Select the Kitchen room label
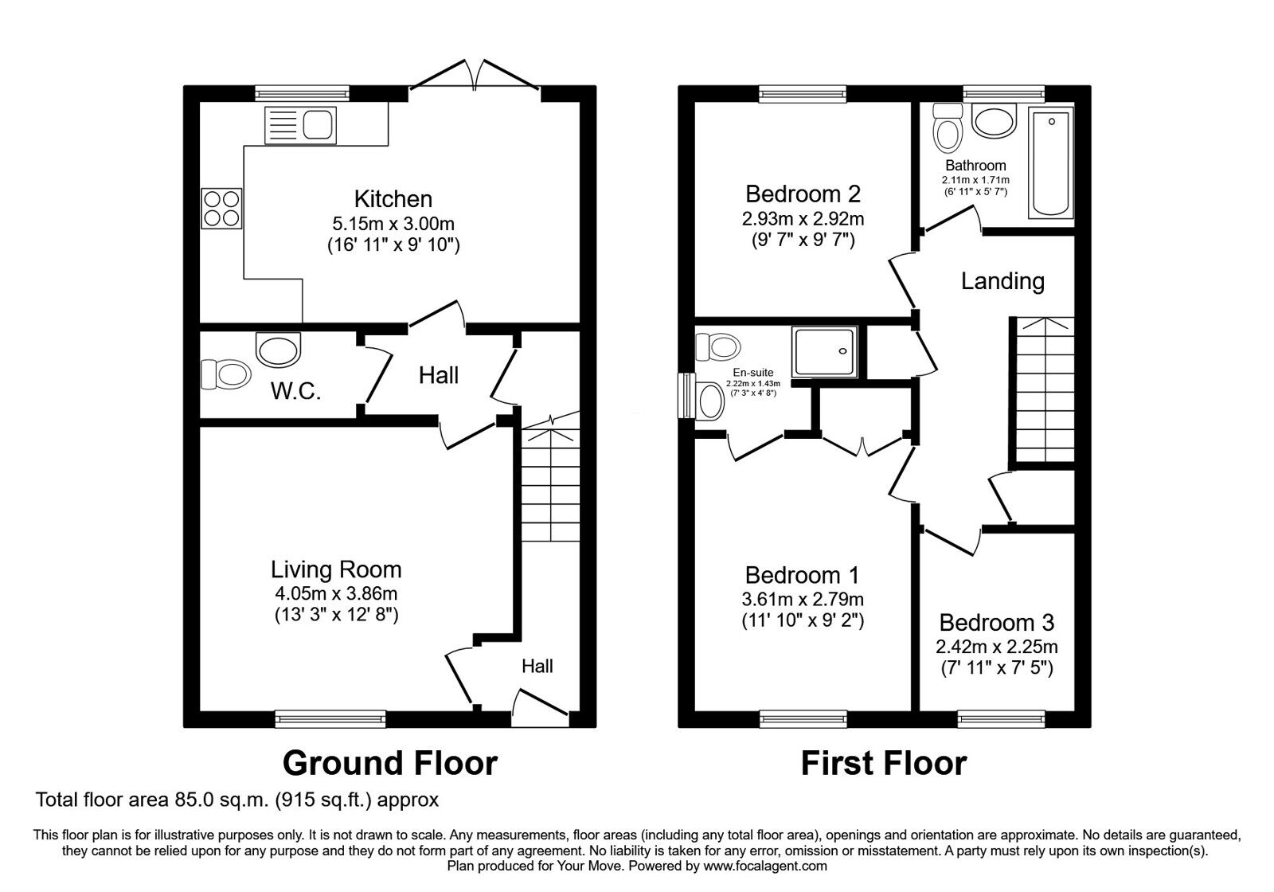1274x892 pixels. [x=393, y=199]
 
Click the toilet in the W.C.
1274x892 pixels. [x=225, y=373]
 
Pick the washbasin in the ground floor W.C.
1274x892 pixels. [x=279, y=349]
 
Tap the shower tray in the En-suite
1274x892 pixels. [x=825, y=351]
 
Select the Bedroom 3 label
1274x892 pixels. [x=996, y=623]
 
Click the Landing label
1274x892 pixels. [x=1002, y=281]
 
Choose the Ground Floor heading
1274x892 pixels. [x=390, y=763]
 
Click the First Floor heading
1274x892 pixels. [x=883, y=763]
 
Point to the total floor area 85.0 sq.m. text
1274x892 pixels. [x=237, y=799]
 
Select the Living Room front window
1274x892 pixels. [x=330, y=719]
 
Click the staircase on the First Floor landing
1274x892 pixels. [x=1042, y=390]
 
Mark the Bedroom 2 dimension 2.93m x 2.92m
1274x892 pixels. [x=803, y=219]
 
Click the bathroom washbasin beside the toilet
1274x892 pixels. [x=994, y=123]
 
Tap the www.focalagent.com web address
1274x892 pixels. [x=765, y=866]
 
